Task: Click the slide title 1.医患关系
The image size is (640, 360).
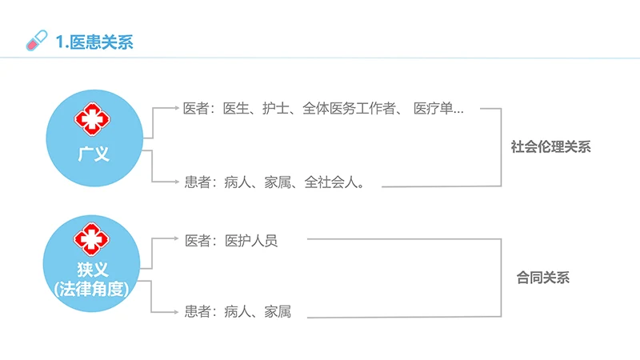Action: tap(95, 41)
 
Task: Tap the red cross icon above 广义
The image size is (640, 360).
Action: tap(94, 118)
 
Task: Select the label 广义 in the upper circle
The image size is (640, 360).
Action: tap(94, 153)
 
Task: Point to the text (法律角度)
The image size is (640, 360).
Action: tap(93, 289)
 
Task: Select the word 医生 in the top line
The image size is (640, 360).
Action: tap(237, 109)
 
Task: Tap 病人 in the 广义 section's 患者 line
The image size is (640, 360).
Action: tap(238, 182)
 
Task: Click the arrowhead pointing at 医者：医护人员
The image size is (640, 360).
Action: tap(176, 238)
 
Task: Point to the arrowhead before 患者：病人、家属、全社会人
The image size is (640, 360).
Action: tap(176, 182)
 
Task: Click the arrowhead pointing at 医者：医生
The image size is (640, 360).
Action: tap(176, 108)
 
